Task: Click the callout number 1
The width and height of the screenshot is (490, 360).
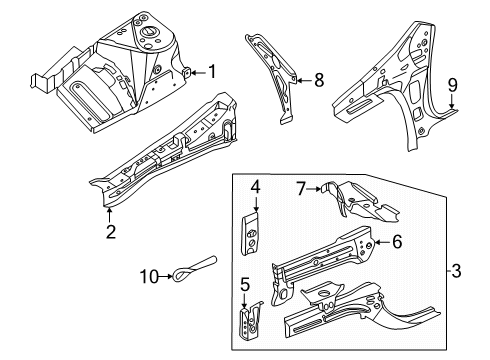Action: point(210,70)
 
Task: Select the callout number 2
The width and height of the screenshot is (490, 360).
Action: point(110,232)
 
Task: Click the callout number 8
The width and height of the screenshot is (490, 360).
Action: point(319,81)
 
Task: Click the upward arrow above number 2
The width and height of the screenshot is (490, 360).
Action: point(110,212)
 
